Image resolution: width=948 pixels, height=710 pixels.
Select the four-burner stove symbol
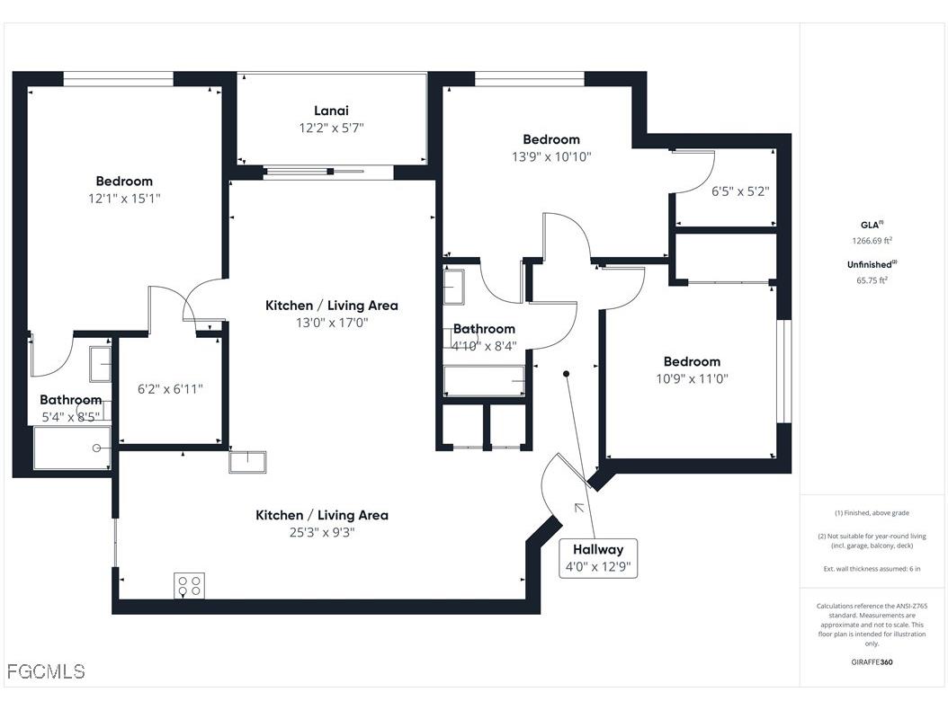pyautogui.click(x=189, y=585)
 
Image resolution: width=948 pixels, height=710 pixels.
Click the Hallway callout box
pyautogui.click(x=598, y=558)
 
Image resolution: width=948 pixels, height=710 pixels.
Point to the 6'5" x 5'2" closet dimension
pyautogui.click(x=740, y=191)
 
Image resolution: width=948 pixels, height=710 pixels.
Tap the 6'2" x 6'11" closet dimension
pyautogui.click(x=170, y=389)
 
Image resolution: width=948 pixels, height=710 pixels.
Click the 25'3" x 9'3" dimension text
pyautogui.click(x=322, y=532)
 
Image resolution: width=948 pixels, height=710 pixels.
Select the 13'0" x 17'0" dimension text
pyautogui.click(x=331, y=322)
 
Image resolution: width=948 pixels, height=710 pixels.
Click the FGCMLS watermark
pyautogui.click(x=46, y=671)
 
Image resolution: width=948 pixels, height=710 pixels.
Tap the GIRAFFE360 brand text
pyautogui.click(x=872, y=662)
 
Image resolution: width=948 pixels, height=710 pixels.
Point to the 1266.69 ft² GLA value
pyautogui.click(x=872, y=241)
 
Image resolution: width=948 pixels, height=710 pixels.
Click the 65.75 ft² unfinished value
pyautogui.click(x=872, y=280)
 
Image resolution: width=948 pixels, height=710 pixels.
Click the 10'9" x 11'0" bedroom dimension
pyautogui.click(x=692, y=378)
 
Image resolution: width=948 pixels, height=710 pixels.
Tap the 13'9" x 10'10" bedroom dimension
pyautogui.click(x=551, y=156)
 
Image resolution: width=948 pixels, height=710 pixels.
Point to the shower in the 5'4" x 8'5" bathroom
pyautogui.click(x=72, y=448)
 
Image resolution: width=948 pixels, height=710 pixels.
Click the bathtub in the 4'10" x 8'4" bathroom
pyautogui.click(x=485, y=381)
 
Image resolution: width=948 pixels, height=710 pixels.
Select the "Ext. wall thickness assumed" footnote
pyautogui.click(x=872, y=569)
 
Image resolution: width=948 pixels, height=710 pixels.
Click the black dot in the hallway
pyautogui.click(x=566, y=373)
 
